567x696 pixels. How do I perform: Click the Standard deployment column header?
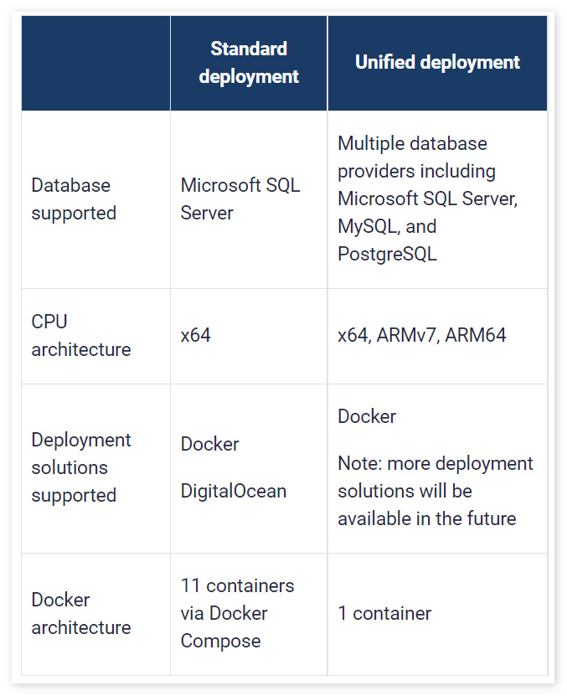click(249, 63)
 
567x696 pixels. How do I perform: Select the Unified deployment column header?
click(437, 63)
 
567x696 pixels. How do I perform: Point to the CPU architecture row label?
click(81, 336)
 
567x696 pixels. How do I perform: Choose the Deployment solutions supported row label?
click(81, 467)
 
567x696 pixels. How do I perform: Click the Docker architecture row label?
click(81, 614)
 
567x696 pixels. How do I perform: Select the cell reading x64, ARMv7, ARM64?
click(421, 336)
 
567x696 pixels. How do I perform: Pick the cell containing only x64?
click(196, 336)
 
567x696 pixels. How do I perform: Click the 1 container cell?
click(384, 614)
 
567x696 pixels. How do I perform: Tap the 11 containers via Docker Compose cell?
click(237, 614)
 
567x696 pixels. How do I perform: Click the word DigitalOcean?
click(234, 491)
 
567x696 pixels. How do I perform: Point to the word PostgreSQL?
click(387, 254)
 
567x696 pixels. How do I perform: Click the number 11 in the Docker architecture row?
click(190, 585)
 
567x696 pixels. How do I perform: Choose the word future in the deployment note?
click(488, 518)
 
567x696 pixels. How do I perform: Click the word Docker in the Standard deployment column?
click(209, 444)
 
